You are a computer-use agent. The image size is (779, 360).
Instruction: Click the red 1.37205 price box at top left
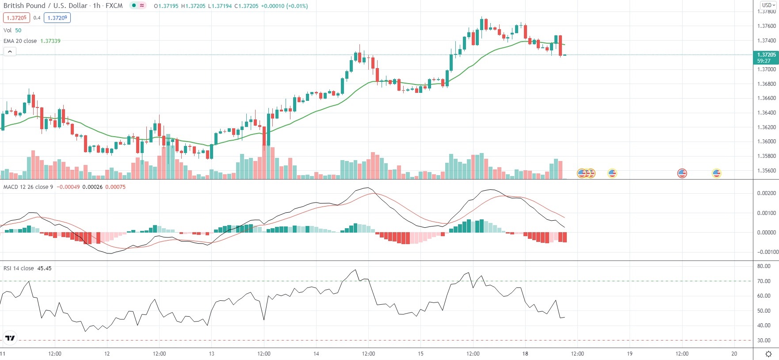[x=16, y=18]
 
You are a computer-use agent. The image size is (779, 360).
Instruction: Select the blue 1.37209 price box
[x=57, y=18]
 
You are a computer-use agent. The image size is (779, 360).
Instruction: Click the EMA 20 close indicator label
[x=20, y=41]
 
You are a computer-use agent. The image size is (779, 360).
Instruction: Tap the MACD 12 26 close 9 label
[x=28, y=187]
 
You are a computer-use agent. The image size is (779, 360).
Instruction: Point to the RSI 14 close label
[x=19, y=268]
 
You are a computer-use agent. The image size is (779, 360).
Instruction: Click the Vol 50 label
[x=12, y=30]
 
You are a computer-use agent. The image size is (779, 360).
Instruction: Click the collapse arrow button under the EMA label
[x=10, y=52]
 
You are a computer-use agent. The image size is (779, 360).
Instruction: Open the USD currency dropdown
[x=768, y=5]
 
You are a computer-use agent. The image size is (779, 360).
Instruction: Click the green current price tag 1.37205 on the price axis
[x=766, y=57]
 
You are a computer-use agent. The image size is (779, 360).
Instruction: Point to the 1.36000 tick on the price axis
[x=766, y=142]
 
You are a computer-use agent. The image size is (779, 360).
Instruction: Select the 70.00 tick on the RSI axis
[x=764, y=281]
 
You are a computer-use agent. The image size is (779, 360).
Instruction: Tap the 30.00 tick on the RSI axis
[x=764, y=340]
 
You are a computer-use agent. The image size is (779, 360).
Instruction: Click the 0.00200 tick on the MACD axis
[x=766, y=193]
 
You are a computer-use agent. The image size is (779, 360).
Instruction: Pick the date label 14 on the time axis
[x=316, y=353]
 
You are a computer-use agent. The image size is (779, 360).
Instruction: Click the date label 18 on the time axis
[x=525, y=353]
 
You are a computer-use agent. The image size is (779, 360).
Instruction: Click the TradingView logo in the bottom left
[x=10, y=338]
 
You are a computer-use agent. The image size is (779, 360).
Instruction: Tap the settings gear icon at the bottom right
[x=768, y=354]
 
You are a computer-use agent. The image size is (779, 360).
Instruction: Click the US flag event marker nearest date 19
[x=612, y=173]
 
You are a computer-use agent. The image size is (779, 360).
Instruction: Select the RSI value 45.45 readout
[x=44, y=268]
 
